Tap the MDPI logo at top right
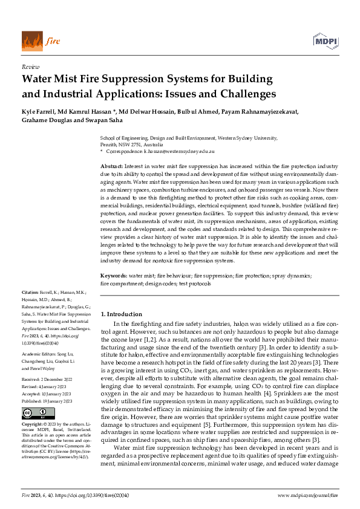(326, 41)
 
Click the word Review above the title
(30, 67)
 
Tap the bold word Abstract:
(113, 165)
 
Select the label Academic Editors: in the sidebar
(40, 354)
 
